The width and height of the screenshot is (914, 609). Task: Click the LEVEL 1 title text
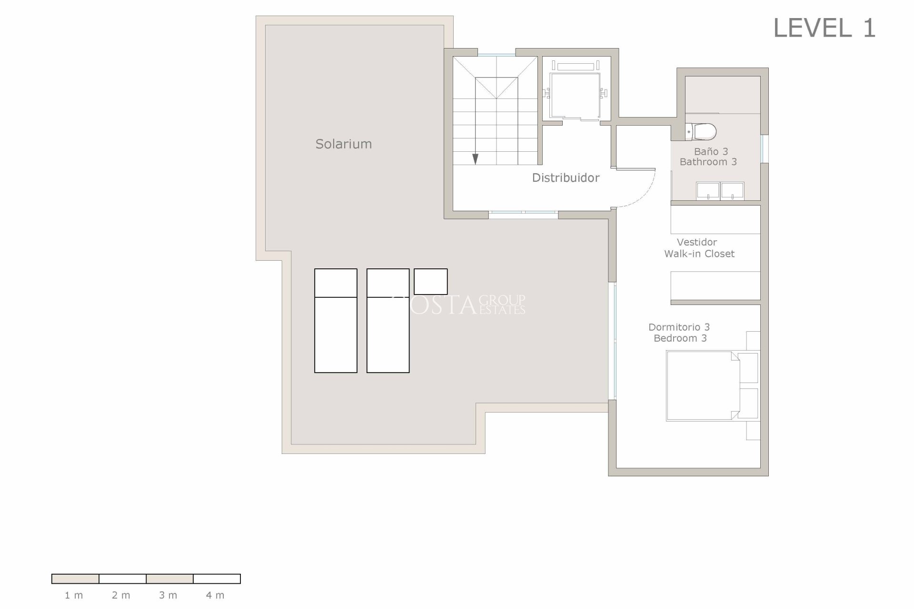pos(824,28)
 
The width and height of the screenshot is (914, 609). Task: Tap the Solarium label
pos(343,144)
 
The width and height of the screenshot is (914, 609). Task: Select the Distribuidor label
pos(566,178)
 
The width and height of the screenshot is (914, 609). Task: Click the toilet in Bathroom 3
pos(701,131)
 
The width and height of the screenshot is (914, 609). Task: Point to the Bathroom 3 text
pos(708,162)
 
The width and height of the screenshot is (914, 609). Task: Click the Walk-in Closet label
pos(699,254)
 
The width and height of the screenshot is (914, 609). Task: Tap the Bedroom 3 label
pos(680,338)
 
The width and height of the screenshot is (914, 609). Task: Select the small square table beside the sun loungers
pos(430,282)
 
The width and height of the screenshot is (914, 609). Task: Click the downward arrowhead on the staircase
pos(475,160)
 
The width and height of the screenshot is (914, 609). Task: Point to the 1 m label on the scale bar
pos(74,595)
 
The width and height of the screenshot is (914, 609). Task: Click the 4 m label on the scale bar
pos(215,595)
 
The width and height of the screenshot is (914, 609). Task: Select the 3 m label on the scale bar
pos(168,595)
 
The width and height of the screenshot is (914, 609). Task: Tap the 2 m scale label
pos(121,595)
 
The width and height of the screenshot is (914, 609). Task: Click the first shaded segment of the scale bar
pos(75,579)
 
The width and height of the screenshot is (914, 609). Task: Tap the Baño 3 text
pos(711,151)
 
